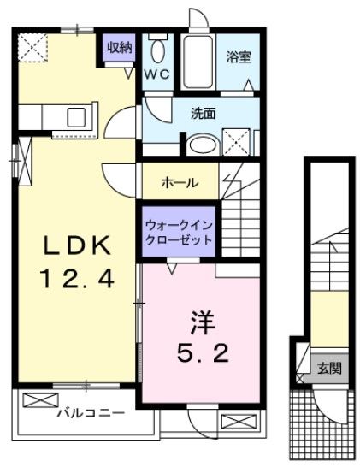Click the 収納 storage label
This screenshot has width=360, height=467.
[120, 47]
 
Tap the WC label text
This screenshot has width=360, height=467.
[158, 74]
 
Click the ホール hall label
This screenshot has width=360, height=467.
[180, 182]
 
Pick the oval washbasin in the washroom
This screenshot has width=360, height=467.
[203, 144]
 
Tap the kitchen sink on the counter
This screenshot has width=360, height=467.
[71, 116]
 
